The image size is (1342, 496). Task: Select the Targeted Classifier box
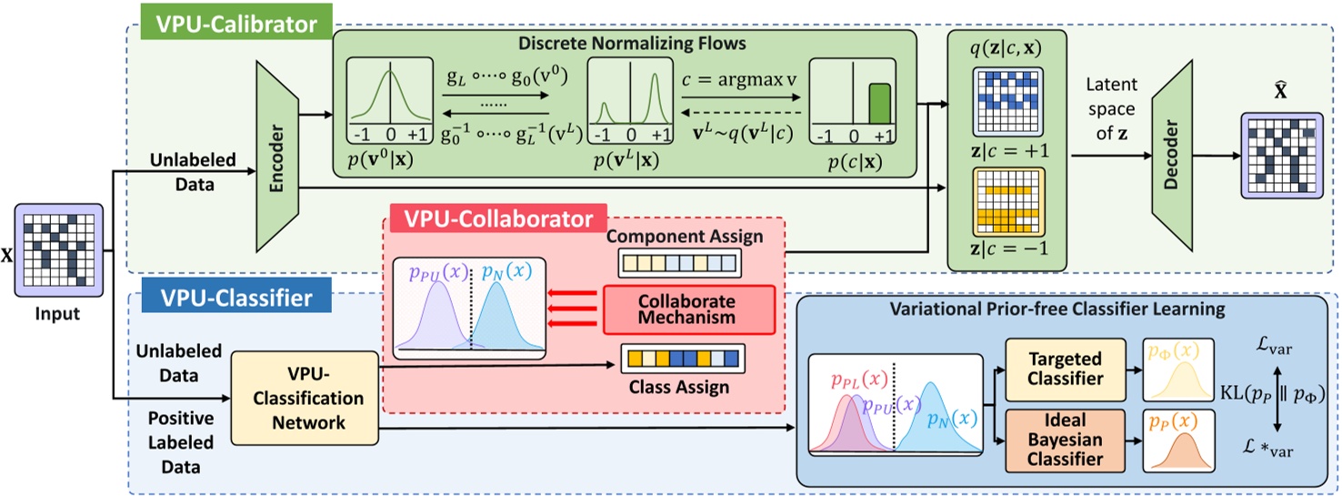point(1058,369)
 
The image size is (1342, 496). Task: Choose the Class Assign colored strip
point(682,356)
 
